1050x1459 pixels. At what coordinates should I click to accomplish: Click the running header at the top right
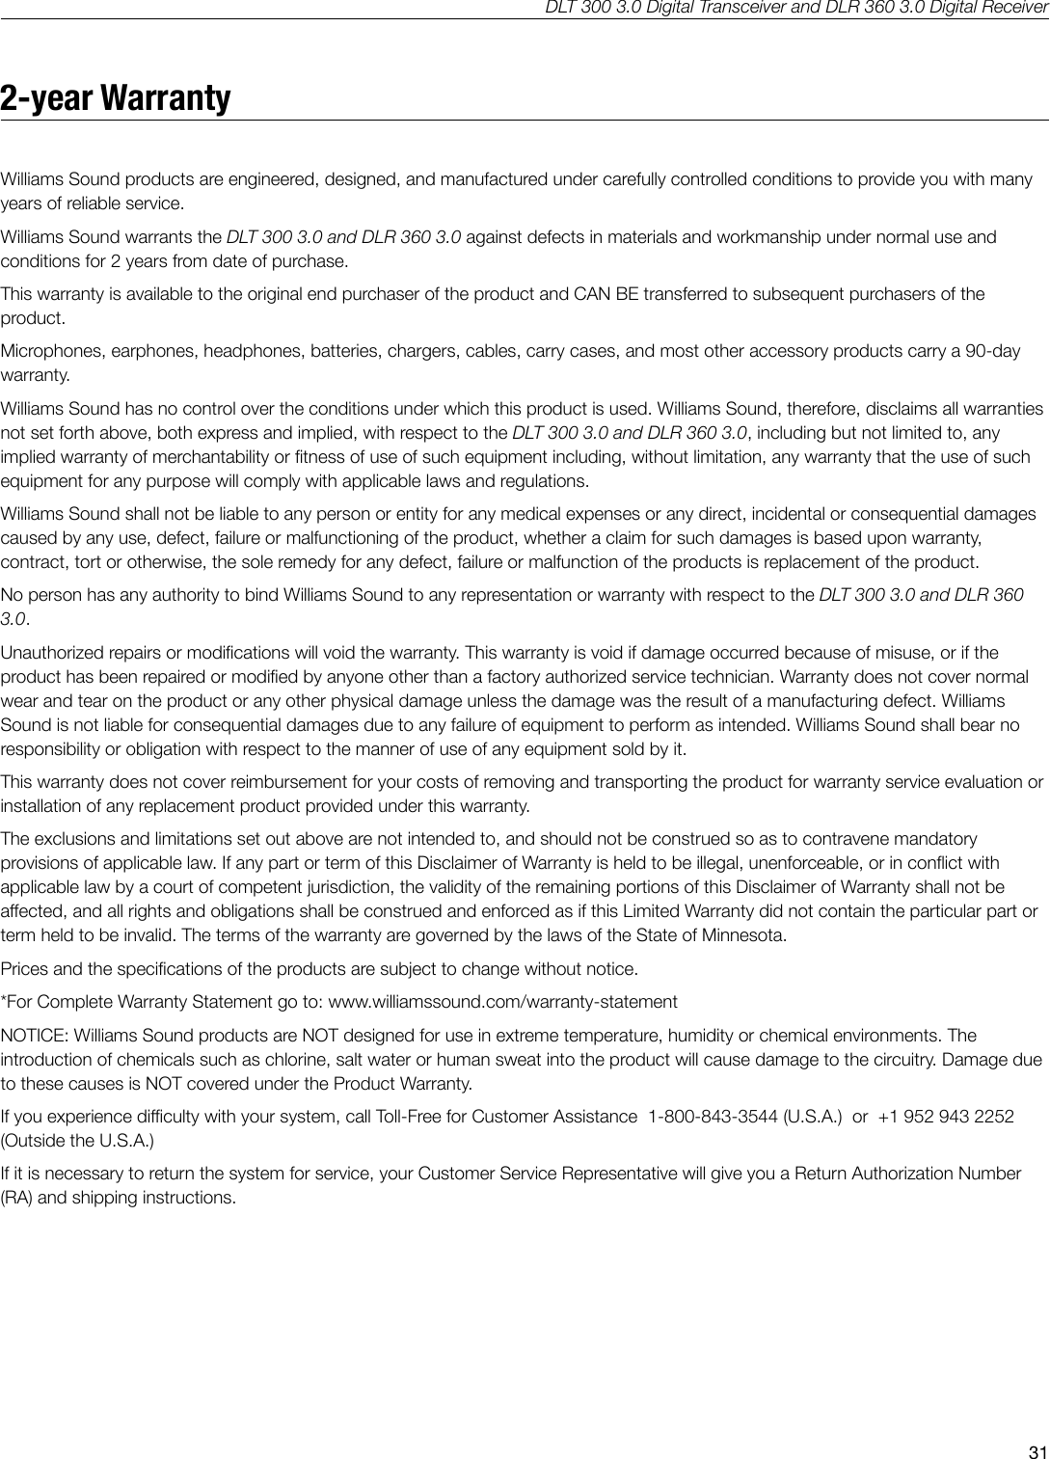(x=796, y=9)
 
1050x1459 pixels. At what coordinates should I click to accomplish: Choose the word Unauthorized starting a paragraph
(x=50, y=653)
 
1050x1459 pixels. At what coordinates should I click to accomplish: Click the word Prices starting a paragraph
(x=23, y=968)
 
